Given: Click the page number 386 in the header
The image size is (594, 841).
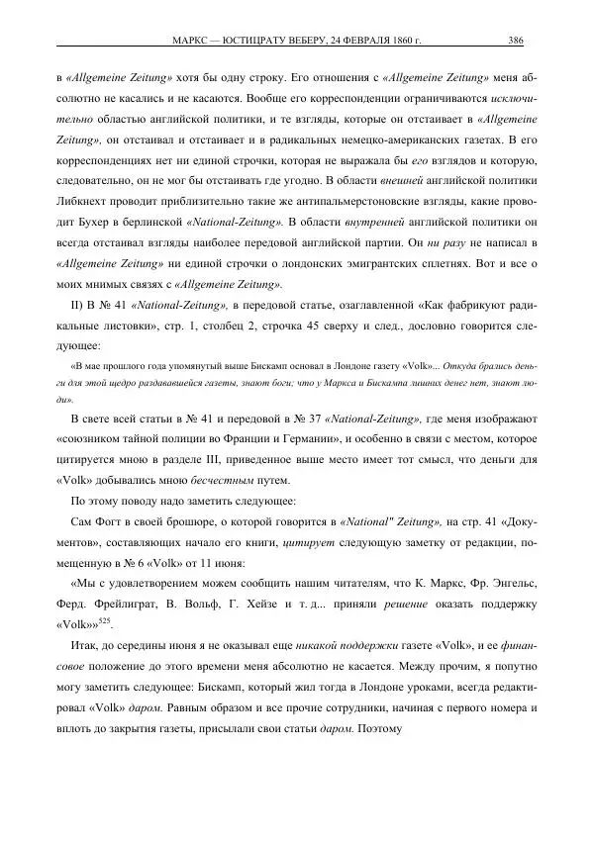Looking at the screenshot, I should [x=515, y=41].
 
